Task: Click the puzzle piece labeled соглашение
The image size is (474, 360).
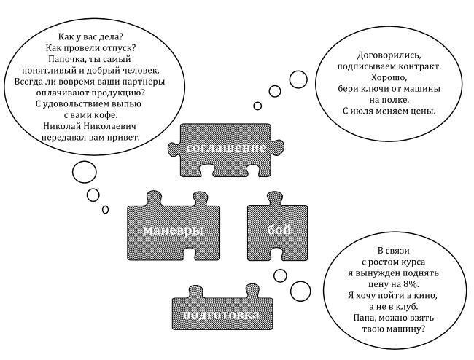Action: coord(225,148)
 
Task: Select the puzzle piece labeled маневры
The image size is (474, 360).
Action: coord(173,230)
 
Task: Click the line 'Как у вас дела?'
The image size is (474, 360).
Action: coord(90,37)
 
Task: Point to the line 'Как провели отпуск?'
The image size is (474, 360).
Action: coord(90,48)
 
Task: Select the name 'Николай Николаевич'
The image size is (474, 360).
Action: coord(90,125)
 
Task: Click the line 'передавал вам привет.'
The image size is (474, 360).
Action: coord(90,136)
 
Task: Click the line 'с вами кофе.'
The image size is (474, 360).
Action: coord(90,114)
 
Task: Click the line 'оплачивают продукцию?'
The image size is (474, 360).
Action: coord(90,93)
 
